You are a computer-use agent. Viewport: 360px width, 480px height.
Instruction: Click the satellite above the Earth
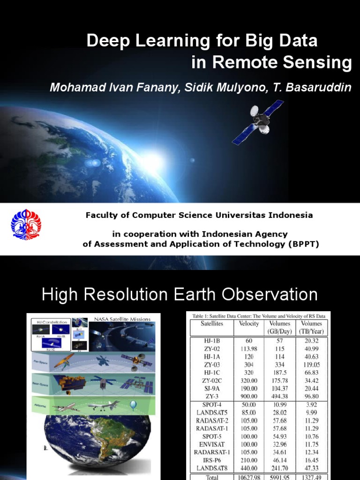[x=258, y=121]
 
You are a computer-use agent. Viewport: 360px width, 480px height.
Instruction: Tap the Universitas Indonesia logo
[x=26, y=225]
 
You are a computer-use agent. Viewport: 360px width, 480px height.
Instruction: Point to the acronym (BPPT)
[x=303, y=244]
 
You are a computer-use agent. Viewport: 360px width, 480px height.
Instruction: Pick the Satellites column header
[x=211, y=323]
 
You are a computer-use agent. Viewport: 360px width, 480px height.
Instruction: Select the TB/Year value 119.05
[x=311, y=364]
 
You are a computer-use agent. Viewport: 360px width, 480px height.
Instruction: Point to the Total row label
[x=211, y=477]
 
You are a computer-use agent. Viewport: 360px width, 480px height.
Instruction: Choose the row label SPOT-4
[x=211, y=404]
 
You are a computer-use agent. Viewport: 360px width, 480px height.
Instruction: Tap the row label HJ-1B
[x=211, y=340]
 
